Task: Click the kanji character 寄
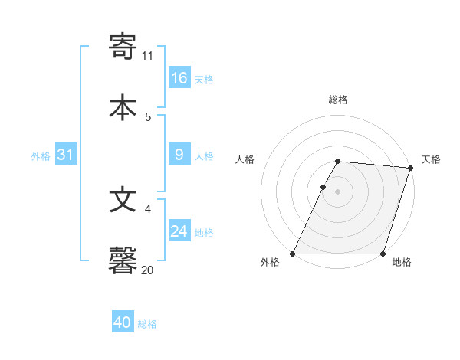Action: point(123,47)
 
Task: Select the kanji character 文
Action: point(123,201)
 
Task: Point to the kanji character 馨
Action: point(123,260)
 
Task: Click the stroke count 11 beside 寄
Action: point(148,56)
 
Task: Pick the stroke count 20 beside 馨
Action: point(148,270)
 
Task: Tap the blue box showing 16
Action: point(179,78)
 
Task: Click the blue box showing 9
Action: point(179,155)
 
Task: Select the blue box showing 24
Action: point(179,231)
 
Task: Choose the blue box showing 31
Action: point(66,155)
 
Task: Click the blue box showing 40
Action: point(123,322)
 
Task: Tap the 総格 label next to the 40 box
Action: point(148,324)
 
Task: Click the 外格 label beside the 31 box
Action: point(41,156)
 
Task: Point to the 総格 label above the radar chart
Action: point(338,100)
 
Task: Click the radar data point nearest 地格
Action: point(383,254)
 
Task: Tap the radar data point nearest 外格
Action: point(293,254)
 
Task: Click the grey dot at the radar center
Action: point(338,191)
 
